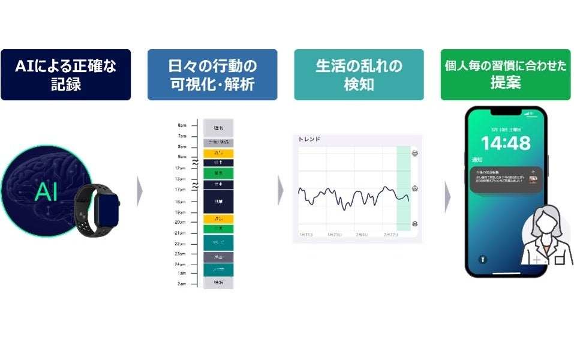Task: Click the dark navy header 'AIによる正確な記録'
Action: click(x=65, y=74)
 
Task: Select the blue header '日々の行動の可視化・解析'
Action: click(x=212, y=74)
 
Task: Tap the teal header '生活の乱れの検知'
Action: click(x=359, y=74)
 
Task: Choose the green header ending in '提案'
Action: click(x=506, y=74)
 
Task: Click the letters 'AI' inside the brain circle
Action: click(x=46, y=192)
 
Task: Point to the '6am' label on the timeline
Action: click(x=182, y=125)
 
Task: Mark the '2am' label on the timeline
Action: click(x=182, y=283)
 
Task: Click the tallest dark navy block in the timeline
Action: click(x=218, y=202)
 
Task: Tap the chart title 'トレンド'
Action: click(x=309, y=139)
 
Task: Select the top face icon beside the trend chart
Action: click(x=415, y=154)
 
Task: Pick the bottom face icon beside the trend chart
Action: click(x=415, y=224)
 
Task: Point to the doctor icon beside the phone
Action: click(x=546, y=236)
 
